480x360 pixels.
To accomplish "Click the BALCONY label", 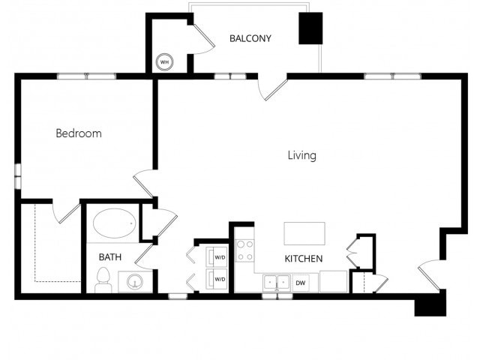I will (x=250, y=38).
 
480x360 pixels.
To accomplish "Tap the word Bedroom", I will (x=79, y=133).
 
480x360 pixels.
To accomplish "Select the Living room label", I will (x=302, y=155).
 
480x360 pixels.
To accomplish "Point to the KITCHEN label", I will (x=303, y=258).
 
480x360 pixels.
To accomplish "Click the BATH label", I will (x=110, y=256).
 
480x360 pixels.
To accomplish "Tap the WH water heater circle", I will (x=163, y=62).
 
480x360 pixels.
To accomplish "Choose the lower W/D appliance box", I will (x=218, y=279).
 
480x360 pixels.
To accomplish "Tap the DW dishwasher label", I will (x=301, y=283).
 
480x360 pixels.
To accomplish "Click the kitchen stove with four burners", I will (x=245, y=250).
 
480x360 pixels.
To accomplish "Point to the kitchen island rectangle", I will (x=304, y=232).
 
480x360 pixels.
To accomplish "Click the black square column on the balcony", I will (x=310, y=28).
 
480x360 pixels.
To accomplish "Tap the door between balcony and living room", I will (x=272, y=88).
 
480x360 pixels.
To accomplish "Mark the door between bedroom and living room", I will (x=144, y=182).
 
